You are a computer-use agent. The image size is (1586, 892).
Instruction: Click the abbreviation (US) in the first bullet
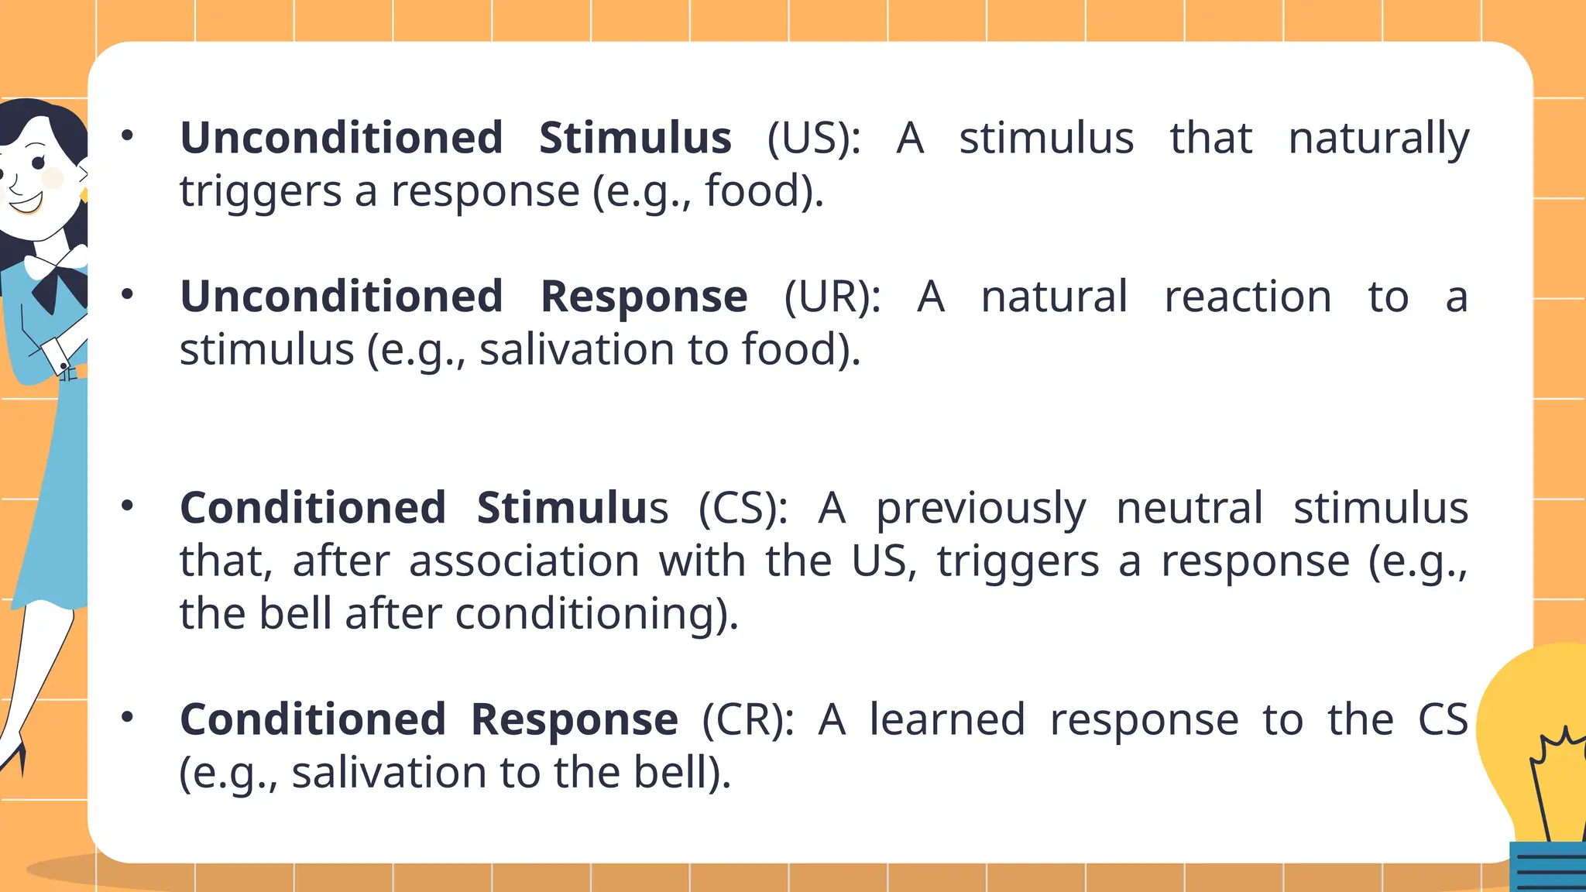813,139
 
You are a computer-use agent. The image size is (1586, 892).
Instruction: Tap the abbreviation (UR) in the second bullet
832,297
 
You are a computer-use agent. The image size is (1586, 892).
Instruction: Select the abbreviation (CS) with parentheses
742,509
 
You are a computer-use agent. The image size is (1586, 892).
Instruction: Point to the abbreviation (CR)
747,720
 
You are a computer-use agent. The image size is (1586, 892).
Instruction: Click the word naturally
1378,140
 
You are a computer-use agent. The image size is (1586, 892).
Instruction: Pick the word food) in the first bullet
764,192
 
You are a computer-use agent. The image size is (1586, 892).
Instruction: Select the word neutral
1189,509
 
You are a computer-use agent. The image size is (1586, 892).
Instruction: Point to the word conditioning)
596,616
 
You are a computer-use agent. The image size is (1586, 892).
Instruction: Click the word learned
948,720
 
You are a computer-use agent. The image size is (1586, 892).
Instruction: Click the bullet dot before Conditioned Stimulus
128,506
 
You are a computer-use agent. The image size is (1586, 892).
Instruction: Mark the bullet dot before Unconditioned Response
128,294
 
